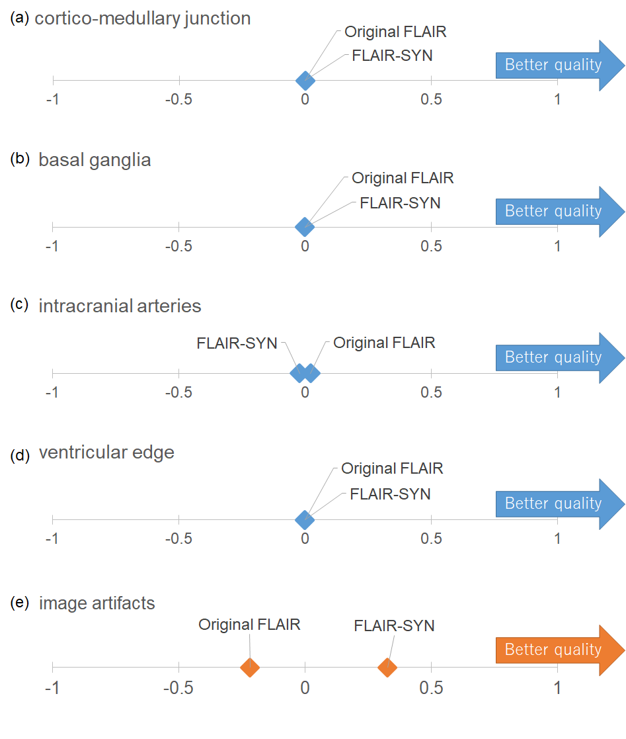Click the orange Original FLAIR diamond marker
pyautogui.click(x=250, y=668)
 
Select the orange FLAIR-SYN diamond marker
pyautogui.click(x=387, y=668)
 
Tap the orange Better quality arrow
pyautogui.click(x=560, y=650)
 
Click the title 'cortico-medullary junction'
pyautogui.click(x=143, y=19)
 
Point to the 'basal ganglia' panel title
pyautogui.click(x=95, y=160)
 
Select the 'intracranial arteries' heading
pyautogui.click(x=120, y=306)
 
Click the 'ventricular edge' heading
pyautogui.click(x=107, y=453)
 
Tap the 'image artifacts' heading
pyautogui.click(x=97, y=603)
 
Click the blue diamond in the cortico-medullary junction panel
pyautogui.click(x=305, y=81)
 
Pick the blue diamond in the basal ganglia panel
pyautogui.click(x=305, y=227)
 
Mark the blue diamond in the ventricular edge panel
pyautogui.click(x=305, y=520)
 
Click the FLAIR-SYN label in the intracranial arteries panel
pyautogui.click(x=237, y=343)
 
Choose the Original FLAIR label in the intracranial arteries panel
pyautogui.click(x=384, y=343)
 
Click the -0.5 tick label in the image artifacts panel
pyautogui.click(x=178, y=688)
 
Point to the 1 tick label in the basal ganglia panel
pyautogui.click(x=557, y=246)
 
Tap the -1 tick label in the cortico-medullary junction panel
pyautogui.click(x=52, y=99)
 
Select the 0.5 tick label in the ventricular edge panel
pyautogui.click(x=432, y=539)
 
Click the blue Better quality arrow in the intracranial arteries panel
pyautogui.click(x=560, y=358)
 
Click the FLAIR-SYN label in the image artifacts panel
pyautogui.click(x=394, y=626)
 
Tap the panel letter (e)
pyautogui.click(x=20, y=603)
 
